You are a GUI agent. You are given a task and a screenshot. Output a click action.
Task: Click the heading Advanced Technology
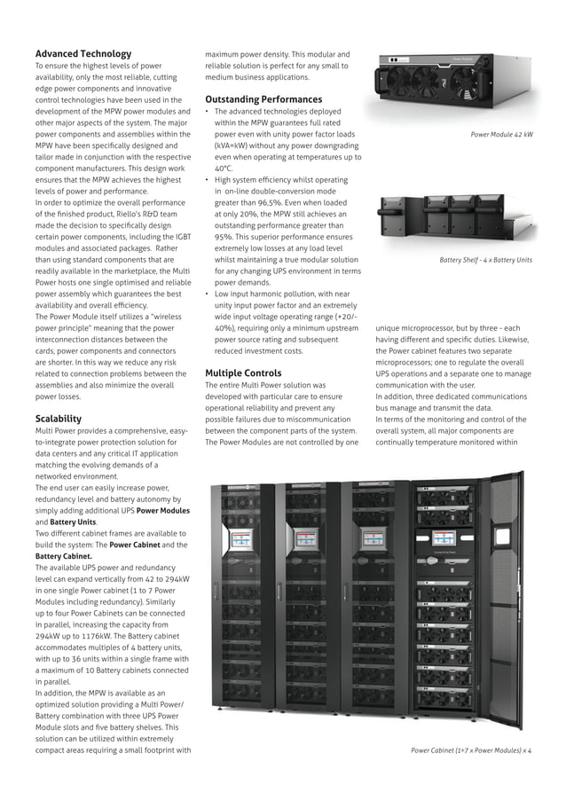83,54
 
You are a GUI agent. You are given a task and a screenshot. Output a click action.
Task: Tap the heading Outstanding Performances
263,99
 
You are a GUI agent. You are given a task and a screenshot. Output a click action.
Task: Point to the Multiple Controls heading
243,373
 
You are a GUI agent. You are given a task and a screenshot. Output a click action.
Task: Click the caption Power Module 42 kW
501,135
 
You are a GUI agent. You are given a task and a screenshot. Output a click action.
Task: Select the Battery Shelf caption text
486,260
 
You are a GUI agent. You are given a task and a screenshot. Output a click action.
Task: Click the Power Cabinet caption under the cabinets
470,750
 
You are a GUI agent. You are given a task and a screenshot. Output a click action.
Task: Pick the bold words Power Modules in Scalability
162,511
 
